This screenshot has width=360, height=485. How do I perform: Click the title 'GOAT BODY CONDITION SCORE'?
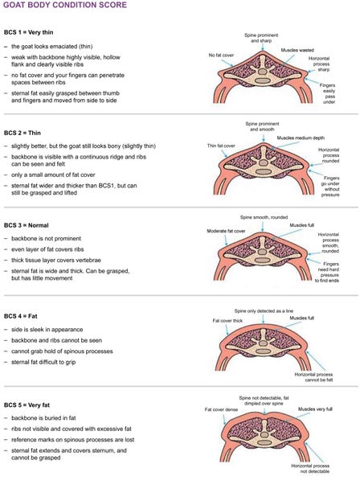pyautogui.click(x=65, y=5)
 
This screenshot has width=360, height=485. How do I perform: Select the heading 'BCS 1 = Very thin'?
pyautogui.click(x=28, y=32)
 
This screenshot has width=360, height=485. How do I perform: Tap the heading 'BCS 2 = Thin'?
pyautogui.click(x=22, y=133)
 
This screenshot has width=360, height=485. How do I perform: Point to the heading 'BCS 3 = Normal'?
pyautogui.click(x=27, y=225)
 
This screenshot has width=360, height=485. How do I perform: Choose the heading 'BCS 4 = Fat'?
pyautogui.click(x=20, y=316)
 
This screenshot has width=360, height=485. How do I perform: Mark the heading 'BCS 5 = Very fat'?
pyautogui.click(x=27, y=405)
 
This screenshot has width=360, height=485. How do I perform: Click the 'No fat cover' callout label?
pyautogui.click(x=221, y=55)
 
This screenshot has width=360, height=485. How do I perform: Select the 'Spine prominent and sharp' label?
pyautogui.click(x=261, y=38)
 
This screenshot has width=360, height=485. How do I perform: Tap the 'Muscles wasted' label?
pyautogui.click(x=297, y=50)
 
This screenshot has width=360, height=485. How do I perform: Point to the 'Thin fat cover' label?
pyautogui.click(x=221, y=146)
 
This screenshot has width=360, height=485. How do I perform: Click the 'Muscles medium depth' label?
pyautogui.click(x=301, y=138)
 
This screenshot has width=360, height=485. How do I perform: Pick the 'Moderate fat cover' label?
pyautogui.click(x=226, y=231)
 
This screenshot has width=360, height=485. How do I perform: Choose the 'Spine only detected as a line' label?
pyautogui.click(x=264, y=310)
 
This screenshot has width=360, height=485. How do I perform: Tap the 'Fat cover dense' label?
pyautogui.click(x=221, y=409)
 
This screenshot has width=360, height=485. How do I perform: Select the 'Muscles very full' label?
pyautogui.click(x=315, y=409)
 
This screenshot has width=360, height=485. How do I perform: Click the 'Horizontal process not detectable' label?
pyautogui.click(x=310, y=469)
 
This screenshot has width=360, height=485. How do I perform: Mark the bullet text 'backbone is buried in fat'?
pyautogui.click(x=43, y=418)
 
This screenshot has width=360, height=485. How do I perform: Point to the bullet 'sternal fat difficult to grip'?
pyautogui.click(x=43, y=362)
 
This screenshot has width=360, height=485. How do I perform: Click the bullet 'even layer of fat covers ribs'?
pyautogui.click(x=47, y=249)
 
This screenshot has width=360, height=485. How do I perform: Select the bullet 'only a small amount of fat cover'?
pyautogui.click(x=53, y=175)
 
